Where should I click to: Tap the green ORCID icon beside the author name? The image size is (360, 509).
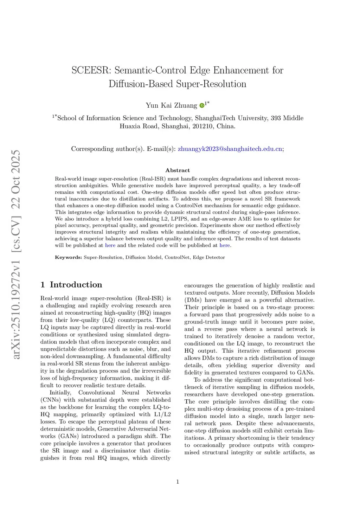click(202, 105)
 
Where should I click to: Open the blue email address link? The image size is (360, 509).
click(230, 149)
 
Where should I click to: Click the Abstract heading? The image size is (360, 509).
click(178, 170)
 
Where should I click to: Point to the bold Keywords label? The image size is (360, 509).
click(68, 257)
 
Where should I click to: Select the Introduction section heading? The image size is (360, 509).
click(76, 285)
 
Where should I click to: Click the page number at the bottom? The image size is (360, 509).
click(178, 482)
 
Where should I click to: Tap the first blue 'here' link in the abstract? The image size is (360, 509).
click(110, 245)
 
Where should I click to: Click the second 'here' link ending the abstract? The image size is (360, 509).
click(224, 245)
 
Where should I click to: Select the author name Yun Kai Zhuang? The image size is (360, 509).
click(172, 105)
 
